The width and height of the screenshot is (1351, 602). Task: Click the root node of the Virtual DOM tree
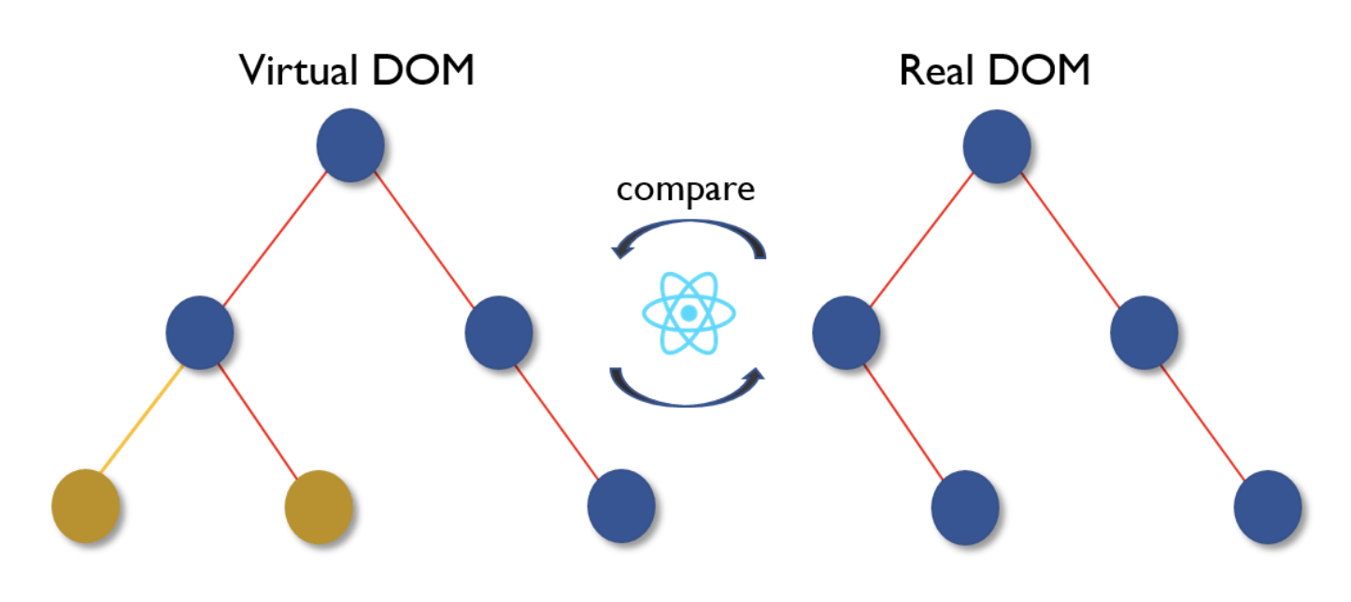click(350, 146)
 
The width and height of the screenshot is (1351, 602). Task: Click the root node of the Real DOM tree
click(997, 146)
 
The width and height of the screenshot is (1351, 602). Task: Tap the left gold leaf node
click(85, 507)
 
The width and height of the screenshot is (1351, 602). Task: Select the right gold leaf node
click(319, 507)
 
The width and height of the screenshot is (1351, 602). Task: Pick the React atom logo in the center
click(689, 313)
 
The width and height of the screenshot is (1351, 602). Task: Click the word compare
click(685, 190)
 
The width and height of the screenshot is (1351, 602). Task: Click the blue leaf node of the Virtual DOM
click(620, 507)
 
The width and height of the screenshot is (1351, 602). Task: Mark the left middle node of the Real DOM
click(846, 331)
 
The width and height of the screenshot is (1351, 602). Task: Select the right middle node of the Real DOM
click(1145, 331)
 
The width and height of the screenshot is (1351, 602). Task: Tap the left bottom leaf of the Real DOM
click(965, 507)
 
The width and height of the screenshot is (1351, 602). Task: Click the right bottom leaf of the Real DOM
click(1267, 507)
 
